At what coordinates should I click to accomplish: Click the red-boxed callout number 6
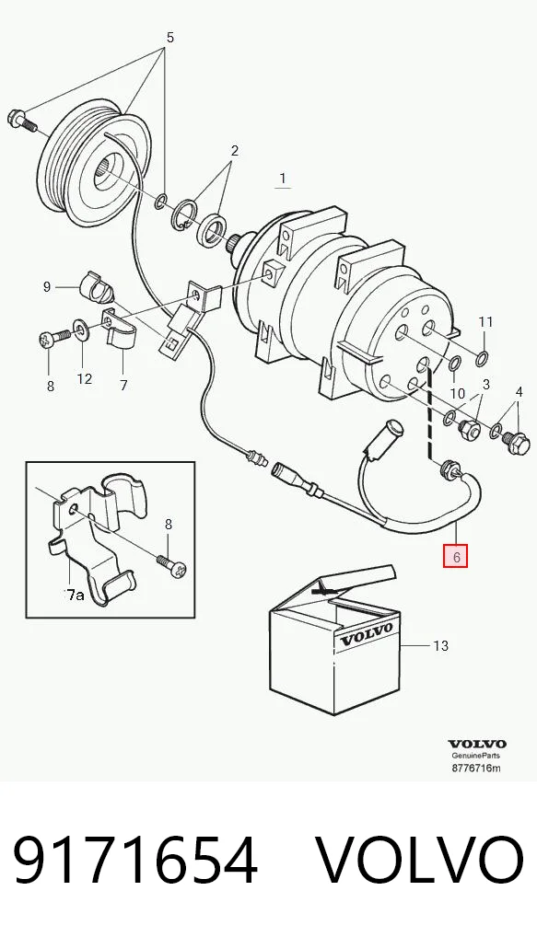point(456,558)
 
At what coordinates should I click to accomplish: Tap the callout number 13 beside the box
point(440,646)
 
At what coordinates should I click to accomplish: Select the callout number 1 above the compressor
point(283,178)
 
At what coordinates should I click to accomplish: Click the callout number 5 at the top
point(169,38)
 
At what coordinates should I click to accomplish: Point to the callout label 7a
point(75,595)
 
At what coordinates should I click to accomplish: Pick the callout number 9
point(47,287)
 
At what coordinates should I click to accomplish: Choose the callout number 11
point(485,322)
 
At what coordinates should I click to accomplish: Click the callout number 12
point(85,378)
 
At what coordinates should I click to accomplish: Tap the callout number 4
point(519,392)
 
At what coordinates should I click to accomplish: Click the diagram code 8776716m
point(476,768)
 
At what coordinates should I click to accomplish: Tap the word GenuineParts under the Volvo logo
point(476,756)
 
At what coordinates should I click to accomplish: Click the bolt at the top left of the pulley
point(22,121)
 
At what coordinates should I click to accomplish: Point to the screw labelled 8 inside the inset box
point(172,565)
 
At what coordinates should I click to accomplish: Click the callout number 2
point(234,151)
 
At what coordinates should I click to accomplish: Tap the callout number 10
point(458,394)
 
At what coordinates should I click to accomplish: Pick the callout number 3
point(486,384)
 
